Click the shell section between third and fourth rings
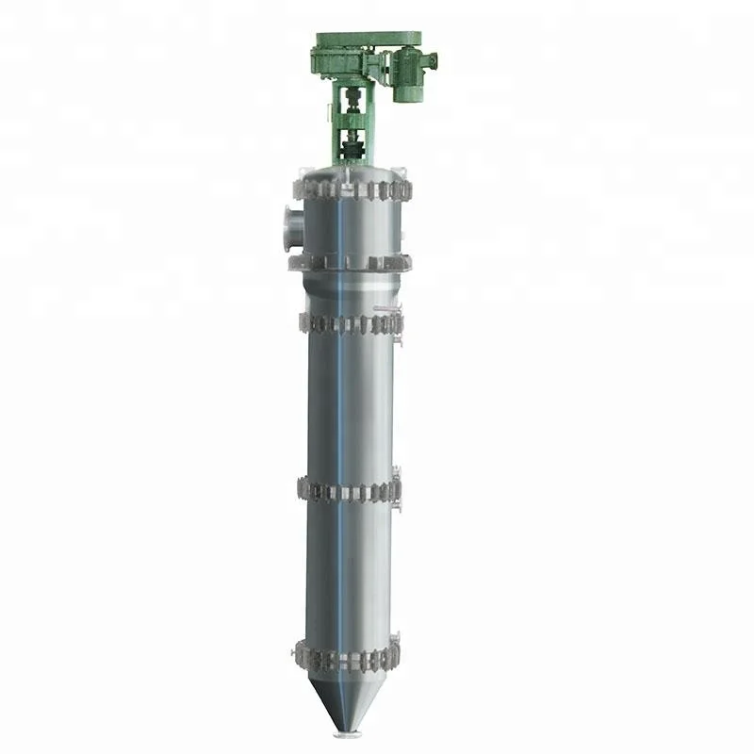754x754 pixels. pos(351,405)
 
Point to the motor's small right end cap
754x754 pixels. pos(434,60)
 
